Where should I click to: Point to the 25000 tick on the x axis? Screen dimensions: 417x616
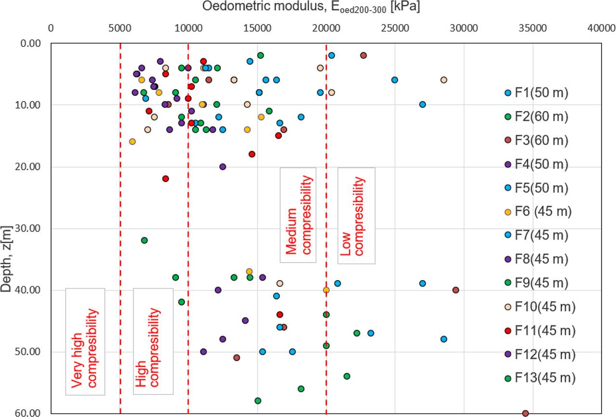(x=395, y=28)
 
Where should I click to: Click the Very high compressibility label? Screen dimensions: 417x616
(x=85, y=342)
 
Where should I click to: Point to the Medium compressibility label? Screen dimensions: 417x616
(x=298, y=215)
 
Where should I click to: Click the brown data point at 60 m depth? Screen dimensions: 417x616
(x=525, y=413)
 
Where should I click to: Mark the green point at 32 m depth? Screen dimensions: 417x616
(x=144, y=240)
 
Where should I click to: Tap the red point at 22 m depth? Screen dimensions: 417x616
(x=166, y=179)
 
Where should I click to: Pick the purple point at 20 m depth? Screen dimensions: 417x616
(x=222, y=167)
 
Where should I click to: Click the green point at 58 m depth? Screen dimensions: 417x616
(x=257, y=401)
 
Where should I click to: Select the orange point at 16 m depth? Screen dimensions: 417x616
(x=132, y=142)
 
